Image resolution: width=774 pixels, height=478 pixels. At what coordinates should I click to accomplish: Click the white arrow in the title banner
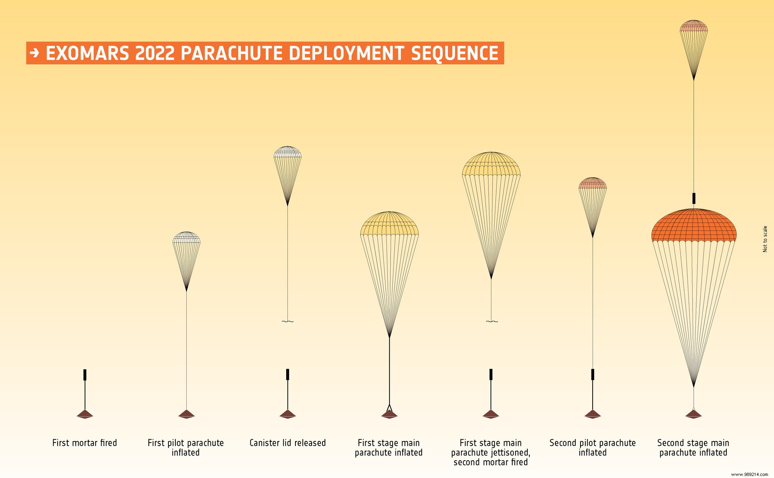(x=35, y=53)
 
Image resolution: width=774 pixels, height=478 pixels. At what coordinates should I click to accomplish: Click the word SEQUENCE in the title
(x=455, y=53)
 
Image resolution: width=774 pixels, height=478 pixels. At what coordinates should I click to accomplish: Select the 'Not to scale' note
(x=765, y=239)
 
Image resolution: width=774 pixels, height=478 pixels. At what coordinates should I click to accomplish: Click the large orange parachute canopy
(x=694, y=226)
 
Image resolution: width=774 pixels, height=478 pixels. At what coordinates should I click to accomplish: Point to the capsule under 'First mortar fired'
(x=85, y=414)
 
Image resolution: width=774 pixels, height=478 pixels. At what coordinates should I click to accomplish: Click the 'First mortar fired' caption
(x=85, y=443)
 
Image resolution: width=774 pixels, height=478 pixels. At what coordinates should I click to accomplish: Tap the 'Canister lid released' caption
(x=287, y=443)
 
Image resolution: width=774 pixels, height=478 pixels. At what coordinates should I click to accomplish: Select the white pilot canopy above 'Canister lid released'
(x=287, y=152)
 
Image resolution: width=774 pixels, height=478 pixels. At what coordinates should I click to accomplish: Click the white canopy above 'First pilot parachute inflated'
(x=186, y=237)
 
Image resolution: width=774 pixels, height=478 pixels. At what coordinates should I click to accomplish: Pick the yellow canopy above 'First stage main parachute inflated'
(x=389, y=224)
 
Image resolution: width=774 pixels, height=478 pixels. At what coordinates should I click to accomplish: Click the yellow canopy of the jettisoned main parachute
(x=491, y=164)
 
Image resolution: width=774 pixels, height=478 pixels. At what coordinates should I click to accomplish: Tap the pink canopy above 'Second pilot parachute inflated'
(x=593, y=183)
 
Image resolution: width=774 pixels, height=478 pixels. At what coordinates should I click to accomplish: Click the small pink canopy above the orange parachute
(x=694, y=26)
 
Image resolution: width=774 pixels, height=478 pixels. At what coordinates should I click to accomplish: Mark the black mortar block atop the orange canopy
(x=694, y=198)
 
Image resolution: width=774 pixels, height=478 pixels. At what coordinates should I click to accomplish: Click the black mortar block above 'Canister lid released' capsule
(x=287, y=374)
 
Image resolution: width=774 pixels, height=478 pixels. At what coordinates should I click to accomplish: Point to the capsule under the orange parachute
(x=694, y=414)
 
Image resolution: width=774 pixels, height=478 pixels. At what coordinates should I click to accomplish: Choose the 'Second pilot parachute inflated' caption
(x=593, y=447)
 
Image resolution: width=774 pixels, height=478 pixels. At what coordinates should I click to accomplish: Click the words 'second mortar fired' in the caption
(x=491, y=462)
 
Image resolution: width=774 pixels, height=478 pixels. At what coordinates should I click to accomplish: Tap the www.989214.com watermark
(x=749, y=474)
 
